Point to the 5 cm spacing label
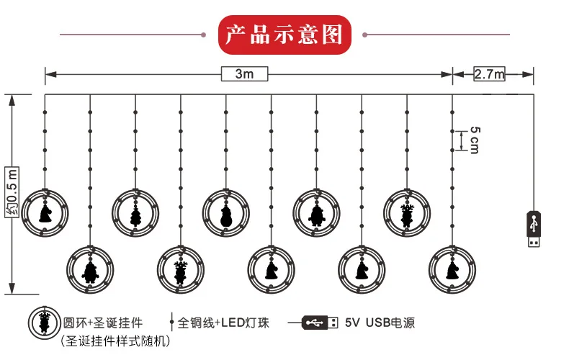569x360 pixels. pyautogui.click(x=474, y=140)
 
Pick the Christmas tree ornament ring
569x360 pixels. pyautogui.click(x=135, y=212)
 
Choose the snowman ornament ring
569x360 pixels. pyautogui.click(x=225, y=212)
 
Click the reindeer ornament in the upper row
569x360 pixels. pyautogui.click(x=407, y=212)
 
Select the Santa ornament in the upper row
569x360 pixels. pyautogui.click(x=316, y=212)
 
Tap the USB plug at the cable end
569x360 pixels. pyautogui.click(x=533, y=229)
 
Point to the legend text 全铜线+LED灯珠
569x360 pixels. pyautogui.click(x=223, y=323)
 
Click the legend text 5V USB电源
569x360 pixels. pyautogui.click(x=380, y=323)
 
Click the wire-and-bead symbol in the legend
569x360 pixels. pyautogui.click(x=171, y=323)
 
